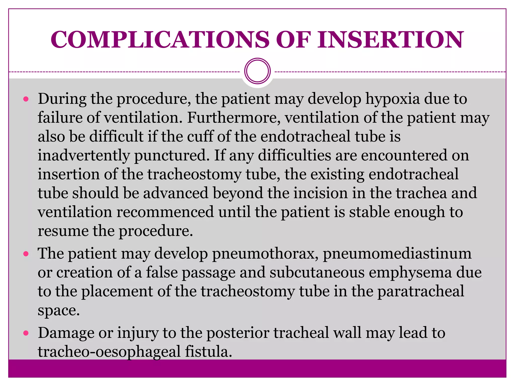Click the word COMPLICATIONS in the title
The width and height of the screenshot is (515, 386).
click(160, 39)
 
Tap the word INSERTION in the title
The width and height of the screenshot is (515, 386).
click(390, 39)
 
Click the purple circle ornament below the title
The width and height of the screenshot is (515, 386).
click(257, 71)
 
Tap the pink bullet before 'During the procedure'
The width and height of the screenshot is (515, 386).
click(26, 99)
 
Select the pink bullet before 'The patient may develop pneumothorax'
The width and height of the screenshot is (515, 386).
click(26, 254)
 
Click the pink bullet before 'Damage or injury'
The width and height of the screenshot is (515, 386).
click(26, 333)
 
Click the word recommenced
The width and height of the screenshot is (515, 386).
click(165, 212)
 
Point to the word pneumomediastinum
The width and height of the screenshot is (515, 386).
click(397, 254)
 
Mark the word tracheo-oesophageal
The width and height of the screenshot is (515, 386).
click(109, 352)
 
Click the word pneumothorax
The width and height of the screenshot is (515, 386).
click(265, 254)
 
